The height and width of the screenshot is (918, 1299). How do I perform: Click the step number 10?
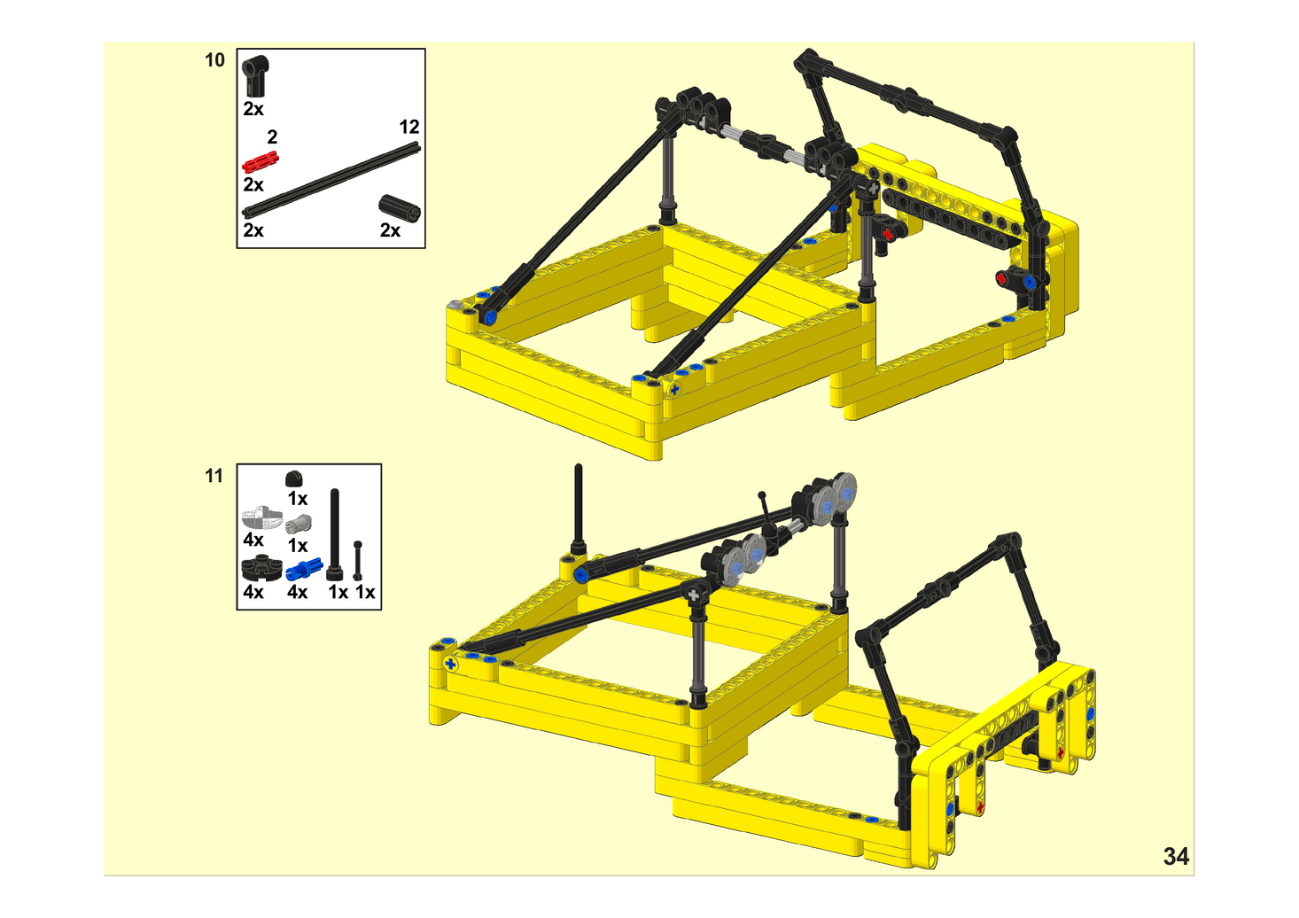point(214,60)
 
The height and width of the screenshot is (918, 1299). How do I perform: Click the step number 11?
point(214,476)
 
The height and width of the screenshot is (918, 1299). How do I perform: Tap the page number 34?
point(1176,857)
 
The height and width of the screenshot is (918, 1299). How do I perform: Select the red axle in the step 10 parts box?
point(261,163)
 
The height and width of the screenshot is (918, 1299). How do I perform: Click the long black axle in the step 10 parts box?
point(331,181)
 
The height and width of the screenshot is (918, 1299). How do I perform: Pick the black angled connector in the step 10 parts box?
point(255,76)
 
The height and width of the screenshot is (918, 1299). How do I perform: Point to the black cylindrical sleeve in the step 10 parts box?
point(400,208)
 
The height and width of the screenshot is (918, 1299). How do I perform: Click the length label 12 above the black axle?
point(409,127)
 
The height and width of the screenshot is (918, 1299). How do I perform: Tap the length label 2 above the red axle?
point(272,137)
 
